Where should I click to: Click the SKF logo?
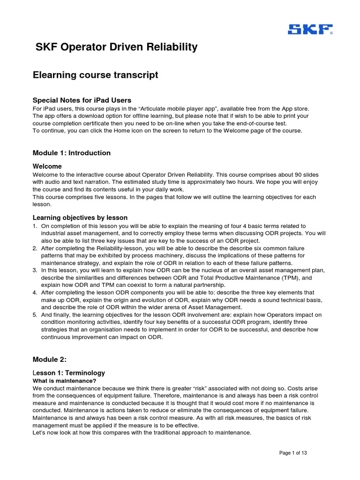[310, 30]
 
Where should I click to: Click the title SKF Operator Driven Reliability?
[117, 47]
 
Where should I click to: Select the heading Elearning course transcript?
[95, 75]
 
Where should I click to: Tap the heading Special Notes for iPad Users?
[82, 100]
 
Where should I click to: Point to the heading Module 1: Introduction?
[72, 153]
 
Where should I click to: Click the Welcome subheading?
[47, 166]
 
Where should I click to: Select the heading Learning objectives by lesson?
[80, 217]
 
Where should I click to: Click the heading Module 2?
[50, 360]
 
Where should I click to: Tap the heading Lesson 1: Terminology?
[69, 373]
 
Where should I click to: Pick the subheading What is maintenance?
[64, 381]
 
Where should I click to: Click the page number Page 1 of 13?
[293, 453]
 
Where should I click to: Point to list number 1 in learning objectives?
[35, 226]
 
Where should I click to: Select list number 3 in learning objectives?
[35, 270]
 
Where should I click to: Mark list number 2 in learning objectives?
[35, 248]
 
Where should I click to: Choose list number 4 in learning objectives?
[35, 293]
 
